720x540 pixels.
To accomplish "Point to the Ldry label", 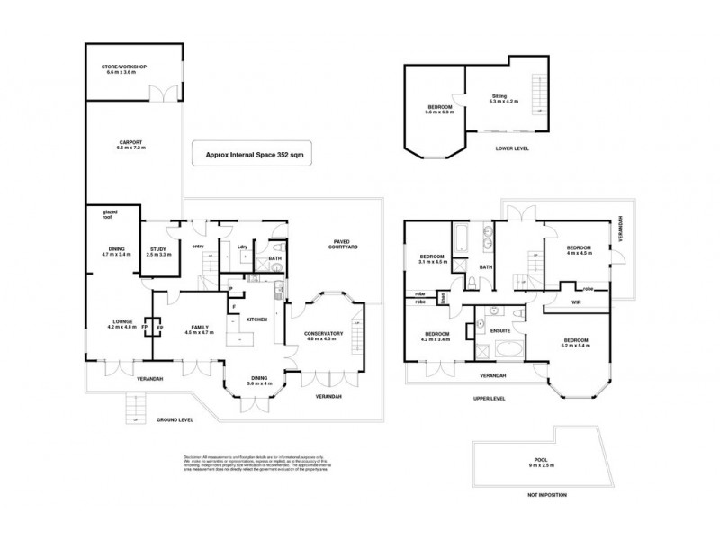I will [242, 247].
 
